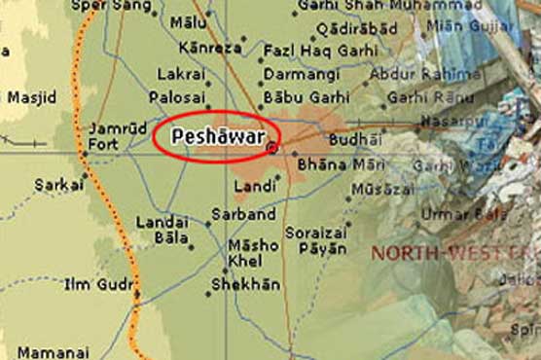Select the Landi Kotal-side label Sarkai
(x=54, y=183)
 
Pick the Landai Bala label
(x=162, y=229)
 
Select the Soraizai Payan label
(x=317, y=240)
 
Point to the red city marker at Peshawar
(x=271, y=148)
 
